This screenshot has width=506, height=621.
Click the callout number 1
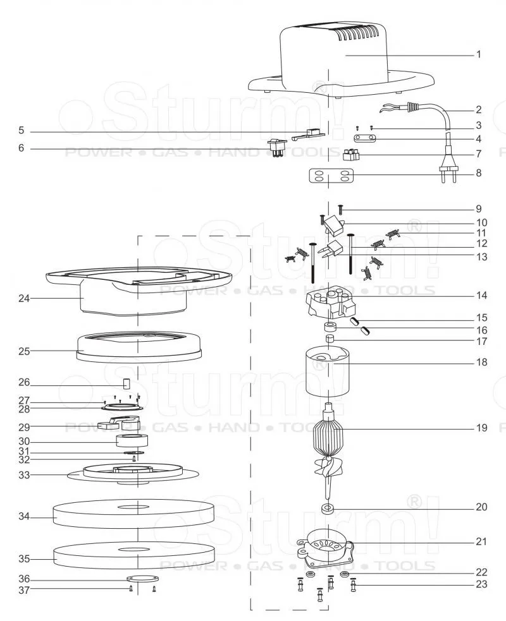pos(479,54)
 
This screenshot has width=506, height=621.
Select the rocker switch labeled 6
pos(275,148)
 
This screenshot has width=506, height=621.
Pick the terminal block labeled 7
pos(351,154)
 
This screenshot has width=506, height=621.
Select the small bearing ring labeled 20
pos(328,509)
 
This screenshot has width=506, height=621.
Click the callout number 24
pos(24,298)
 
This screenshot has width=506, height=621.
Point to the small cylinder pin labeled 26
pos(127,383)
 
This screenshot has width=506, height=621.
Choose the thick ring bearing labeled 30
pos(132,441)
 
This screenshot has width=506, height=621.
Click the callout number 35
pos(24,559)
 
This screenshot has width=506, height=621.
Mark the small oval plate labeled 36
pos(141,579)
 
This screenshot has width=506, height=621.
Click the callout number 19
pos(481,428)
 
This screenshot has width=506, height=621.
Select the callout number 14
pos(481,296)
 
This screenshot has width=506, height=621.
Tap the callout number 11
pos(481,232)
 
